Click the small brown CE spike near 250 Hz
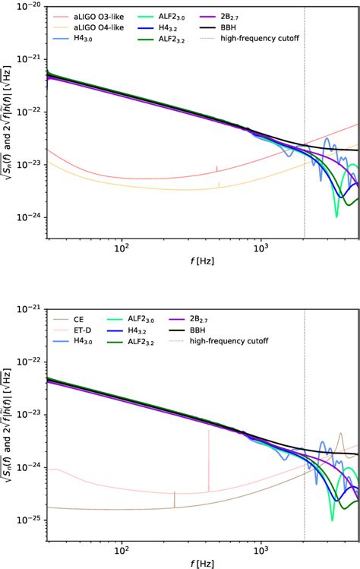pos(175,498)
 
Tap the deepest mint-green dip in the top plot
pos(336,215)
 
